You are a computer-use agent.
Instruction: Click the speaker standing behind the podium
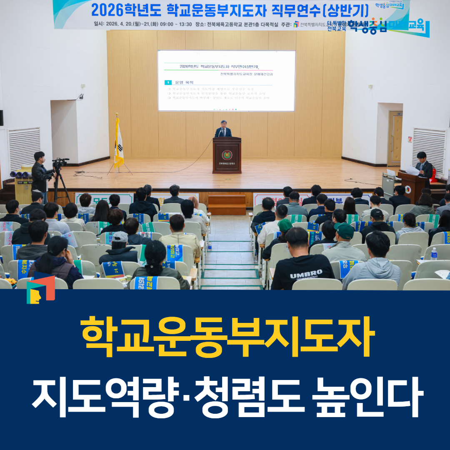point(224,129)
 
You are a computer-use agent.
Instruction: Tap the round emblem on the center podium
point(227,155)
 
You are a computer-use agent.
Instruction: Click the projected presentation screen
point(226,81)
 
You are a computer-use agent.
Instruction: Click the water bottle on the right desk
point(434,254)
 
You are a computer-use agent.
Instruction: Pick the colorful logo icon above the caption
point(40,289)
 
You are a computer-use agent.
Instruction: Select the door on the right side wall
point(395,138)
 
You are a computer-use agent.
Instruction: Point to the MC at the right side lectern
point(424,165)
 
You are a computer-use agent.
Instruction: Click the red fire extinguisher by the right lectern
point(434,175)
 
